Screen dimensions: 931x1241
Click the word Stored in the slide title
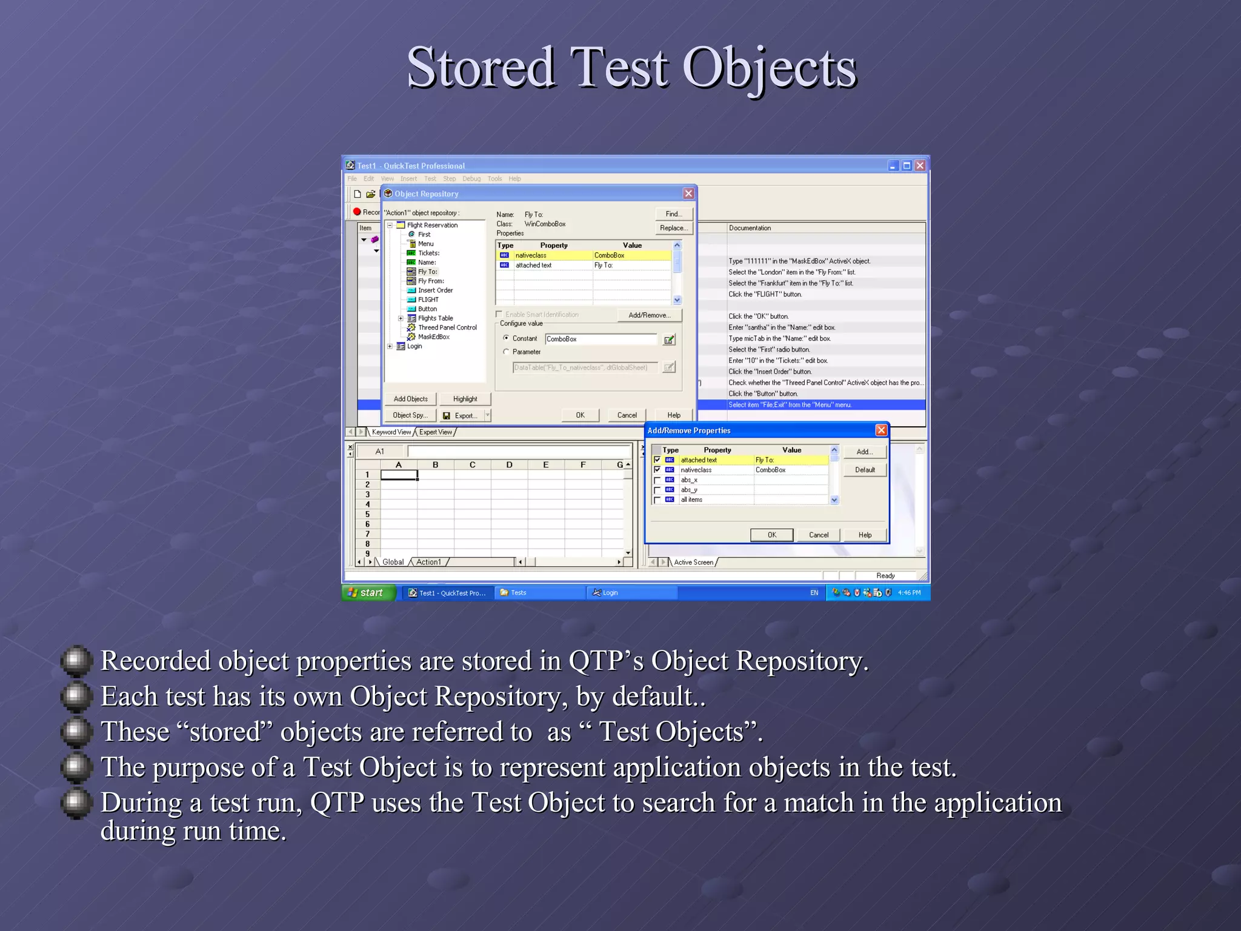click(481, 68)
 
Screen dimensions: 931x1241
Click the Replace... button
click(673, 228)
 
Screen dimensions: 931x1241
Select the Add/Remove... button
click(649, 315)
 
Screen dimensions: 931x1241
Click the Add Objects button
click(410, 399)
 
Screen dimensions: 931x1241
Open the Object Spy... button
click(410, 415)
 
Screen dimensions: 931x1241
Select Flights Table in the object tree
click(435, 318)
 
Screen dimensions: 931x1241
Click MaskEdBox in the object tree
click(433, 337)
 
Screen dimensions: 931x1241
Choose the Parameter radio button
click(507, 352)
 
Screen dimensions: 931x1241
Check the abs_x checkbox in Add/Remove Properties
click(657, 480)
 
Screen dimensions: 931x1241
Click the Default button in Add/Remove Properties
click(865, 470)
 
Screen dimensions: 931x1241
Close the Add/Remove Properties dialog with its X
click(881, 430)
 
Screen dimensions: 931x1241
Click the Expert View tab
click(436, 432)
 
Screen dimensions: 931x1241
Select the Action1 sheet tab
click(428, 562)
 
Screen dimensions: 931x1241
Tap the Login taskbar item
click(609, 593)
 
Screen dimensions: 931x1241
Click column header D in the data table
click(509, 465)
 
